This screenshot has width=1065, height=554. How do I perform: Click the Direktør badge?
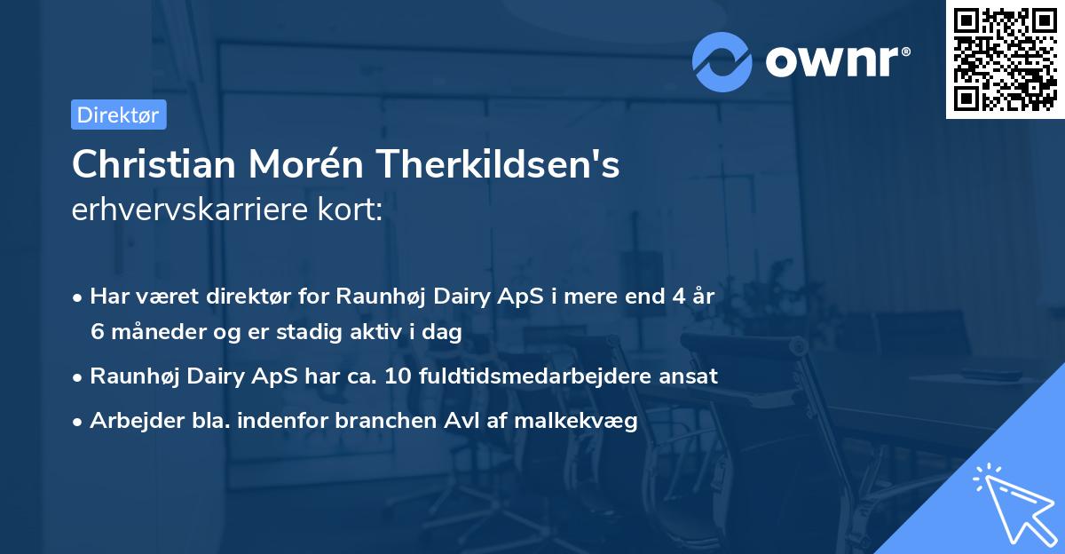pyautogui.click(x=118, y=115)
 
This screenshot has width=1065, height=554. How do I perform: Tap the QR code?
pyautogui.click(x=1006, y=59)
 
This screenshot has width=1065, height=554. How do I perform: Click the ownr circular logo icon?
pyautogui.click(x=722, y=62)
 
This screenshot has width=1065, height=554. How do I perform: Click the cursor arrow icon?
pyautogui.click(x=1012, y=502)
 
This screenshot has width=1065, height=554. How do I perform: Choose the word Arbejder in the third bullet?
pyautogui.click(x=130, y=422)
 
